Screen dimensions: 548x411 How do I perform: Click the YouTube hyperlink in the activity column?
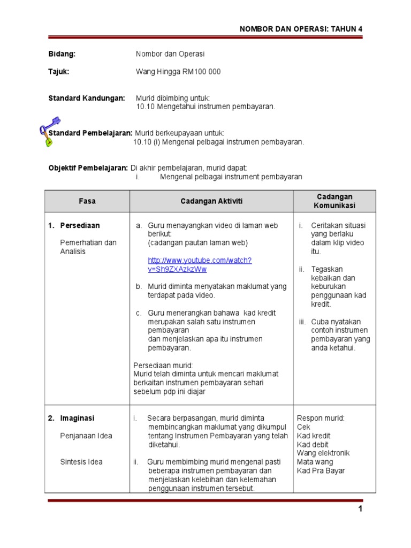pos(200,264)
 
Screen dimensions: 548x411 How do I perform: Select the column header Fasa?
pos(87,201)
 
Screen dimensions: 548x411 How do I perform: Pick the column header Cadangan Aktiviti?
pos(211,201)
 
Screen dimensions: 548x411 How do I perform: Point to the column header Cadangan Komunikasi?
pos(334,201)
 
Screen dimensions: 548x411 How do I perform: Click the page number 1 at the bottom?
pos(361,509)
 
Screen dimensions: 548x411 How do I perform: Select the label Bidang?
pos(62,54)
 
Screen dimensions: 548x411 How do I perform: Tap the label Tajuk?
pos(59,72)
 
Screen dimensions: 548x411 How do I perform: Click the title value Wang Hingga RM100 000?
pos(178,72)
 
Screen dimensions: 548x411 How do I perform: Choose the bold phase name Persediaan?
pos(80,225)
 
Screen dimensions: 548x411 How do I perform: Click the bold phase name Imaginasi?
pos(78,418)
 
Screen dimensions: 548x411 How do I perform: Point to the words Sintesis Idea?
pos(81,462)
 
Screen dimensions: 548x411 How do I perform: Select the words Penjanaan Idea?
pos(86,436)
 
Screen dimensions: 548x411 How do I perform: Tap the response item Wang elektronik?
pos(323,453)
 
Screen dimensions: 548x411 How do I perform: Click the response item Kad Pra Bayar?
pos(321,471)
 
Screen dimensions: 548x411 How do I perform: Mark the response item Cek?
pos(303,427)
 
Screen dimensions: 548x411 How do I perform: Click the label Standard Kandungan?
pos(87,98)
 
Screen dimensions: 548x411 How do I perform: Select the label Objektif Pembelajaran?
pos(88,168)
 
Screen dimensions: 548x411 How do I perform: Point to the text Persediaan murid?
pos(159,366)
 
